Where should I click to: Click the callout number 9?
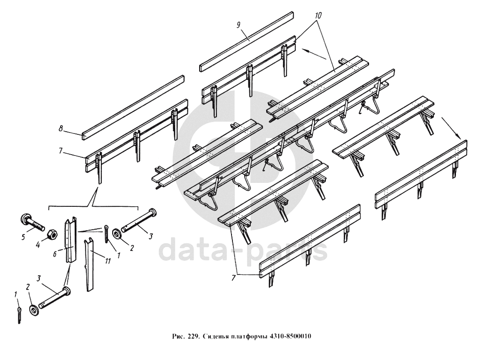pos(239,25)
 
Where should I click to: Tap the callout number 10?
pos(318,16)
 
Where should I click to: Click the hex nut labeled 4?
pos(53,233)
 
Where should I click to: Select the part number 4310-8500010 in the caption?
pos(292,337)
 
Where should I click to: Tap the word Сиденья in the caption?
pos(215,337)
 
